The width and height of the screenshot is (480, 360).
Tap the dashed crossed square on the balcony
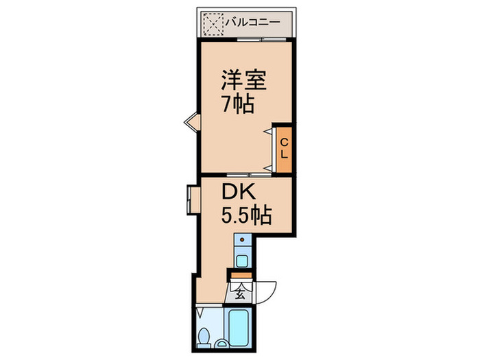click(213, 24)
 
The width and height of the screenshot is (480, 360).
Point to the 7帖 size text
click(237, 105)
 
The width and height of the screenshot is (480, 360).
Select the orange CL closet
click(283, 147)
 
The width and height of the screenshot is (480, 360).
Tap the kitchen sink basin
click(242, 260)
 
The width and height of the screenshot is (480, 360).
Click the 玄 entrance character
click(240, 296)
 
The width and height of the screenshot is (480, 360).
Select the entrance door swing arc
click(267, 291)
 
